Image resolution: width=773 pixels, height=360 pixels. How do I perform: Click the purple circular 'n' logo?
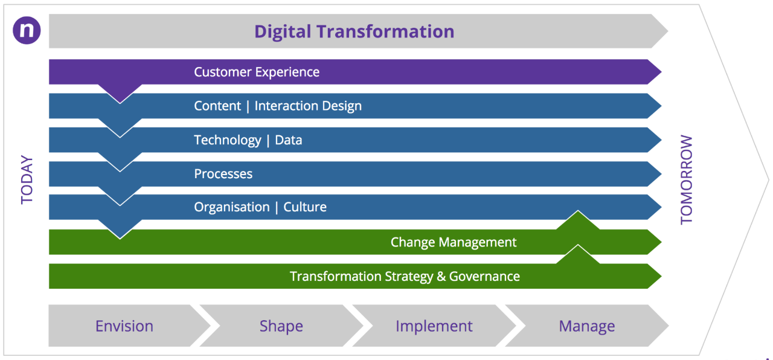[x=27, y=30]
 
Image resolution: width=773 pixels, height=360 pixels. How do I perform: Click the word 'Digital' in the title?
[x=283, y=32]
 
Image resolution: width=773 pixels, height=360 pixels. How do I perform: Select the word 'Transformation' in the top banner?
[x=385, y=31]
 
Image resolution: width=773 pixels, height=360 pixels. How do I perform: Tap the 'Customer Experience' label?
[x=257, y=72]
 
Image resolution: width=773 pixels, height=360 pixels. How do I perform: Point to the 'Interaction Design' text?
[x=308, y=106]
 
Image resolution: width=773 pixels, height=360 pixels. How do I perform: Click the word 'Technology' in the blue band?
[x=228, y=140]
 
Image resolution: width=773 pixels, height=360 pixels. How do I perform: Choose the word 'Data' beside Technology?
[x=288, y=140]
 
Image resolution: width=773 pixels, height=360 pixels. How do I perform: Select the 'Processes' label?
[x=223, y=173]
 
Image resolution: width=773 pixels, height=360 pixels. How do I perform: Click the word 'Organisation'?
[x=231, y=207]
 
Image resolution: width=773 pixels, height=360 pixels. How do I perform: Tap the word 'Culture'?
[x=305, y=207]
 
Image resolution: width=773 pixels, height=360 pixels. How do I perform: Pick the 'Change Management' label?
[x=454, y=242]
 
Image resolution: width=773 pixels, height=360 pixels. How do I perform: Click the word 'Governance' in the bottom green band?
[x=484, y=277]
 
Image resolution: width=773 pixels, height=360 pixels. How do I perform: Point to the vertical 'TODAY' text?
[x=27, y=179]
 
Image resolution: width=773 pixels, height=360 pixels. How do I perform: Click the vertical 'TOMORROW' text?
[x=687, y=180]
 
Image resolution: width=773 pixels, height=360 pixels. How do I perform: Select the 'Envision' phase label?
[x=124, y=326]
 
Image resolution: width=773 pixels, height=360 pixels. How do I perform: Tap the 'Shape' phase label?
[x=281, y=327]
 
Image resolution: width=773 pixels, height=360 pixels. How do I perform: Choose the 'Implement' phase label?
[x=434, y=327]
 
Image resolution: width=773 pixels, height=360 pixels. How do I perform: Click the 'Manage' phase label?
[x=586, y=327]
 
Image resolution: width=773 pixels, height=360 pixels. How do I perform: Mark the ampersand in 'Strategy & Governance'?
[x=441, y=277]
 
